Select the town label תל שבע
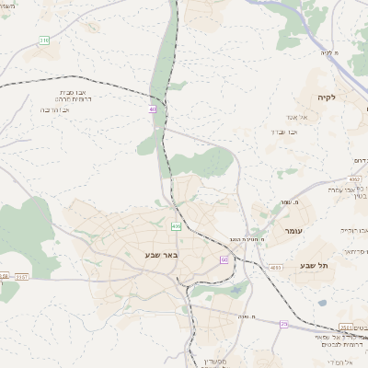pyautogui.click(x=314, y=265)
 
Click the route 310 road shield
pyautogui.click(x=44, y=40)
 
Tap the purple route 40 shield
pyautogui.click(x=153, y=109)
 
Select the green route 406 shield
pyautogui.click(x=176, y=225)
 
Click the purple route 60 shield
pyautogui.click(x=224, y=259)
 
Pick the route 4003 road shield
pyautogui.click(x=276, y=268)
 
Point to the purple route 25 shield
pyautogui.click(x=284, y=324)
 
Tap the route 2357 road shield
pyautogui.click(x=22, y=275)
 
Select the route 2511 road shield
pyautogui.click(x=346, y=326)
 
